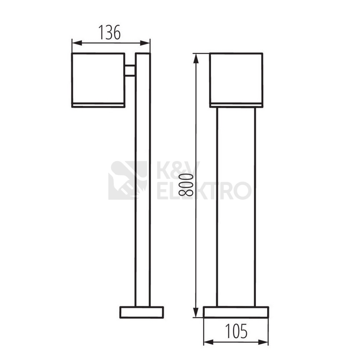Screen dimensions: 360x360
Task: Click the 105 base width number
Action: [236, 331]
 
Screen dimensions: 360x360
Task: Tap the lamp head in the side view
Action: [98, 78]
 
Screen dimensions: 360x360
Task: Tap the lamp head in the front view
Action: [236, 78]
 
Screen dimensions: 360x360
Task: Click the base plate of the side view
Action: [142, 312]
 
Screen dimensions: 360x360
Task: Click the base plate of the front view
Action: [236, 312]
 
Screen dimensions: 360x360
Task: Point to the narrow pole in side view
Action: [142, 198]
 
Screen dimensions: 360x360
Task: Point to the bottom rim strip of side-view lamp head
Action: [98, 105]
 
